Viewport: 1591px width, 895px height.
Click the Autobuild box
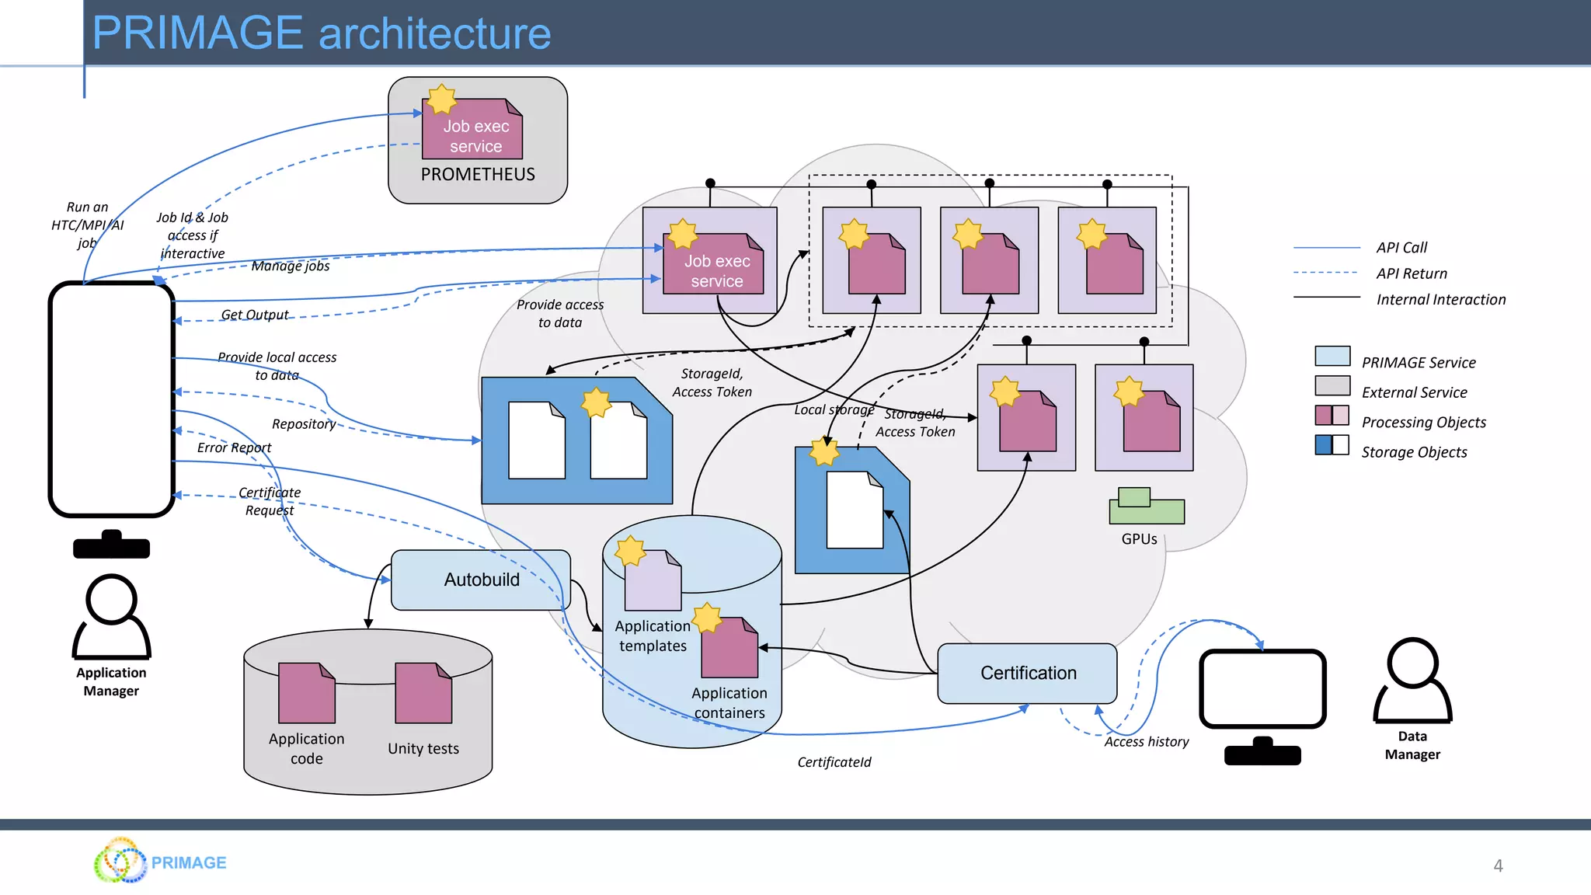[x=481, y=580]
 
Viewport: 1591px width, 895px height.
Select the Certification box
[x=1027, y=673]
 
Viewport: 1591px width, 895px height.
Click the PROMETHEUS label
[x=478, y=175]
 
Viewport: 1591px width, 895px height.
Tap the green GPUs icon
[x=1146, y=507]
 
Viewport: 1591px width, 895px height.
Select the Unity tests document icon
[x=423, y=693]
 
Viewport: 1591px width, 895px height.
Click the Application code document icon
[x=306, y=693]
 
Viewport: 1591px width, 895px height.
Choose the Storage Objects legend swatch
[x=1332, y=445]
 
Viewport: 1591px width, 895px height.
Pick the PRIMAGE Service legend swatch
[x=1332, y=356]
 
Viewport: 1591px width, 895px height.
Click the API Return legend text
[x=1412, y=273]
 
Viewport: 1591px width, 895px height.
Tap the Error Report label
[x=234, y=447]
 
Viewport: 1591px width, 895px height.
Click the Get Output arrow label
[x=254, y=315]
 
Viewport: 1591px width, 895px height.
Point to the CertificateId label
[x=834, y=762]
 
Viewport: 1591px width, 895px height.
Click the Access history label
[x=1146, y=742]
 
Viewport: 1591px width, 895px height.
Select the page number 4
[x=1498, y=865]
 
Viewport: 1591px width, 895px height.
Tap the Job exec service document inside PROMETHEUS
[x=472, y=130]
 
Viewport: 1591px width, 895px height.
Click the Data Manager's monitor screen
[x=1262, y=688]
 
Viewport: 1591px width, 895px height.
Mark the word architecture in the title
[x=434, y=33]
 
